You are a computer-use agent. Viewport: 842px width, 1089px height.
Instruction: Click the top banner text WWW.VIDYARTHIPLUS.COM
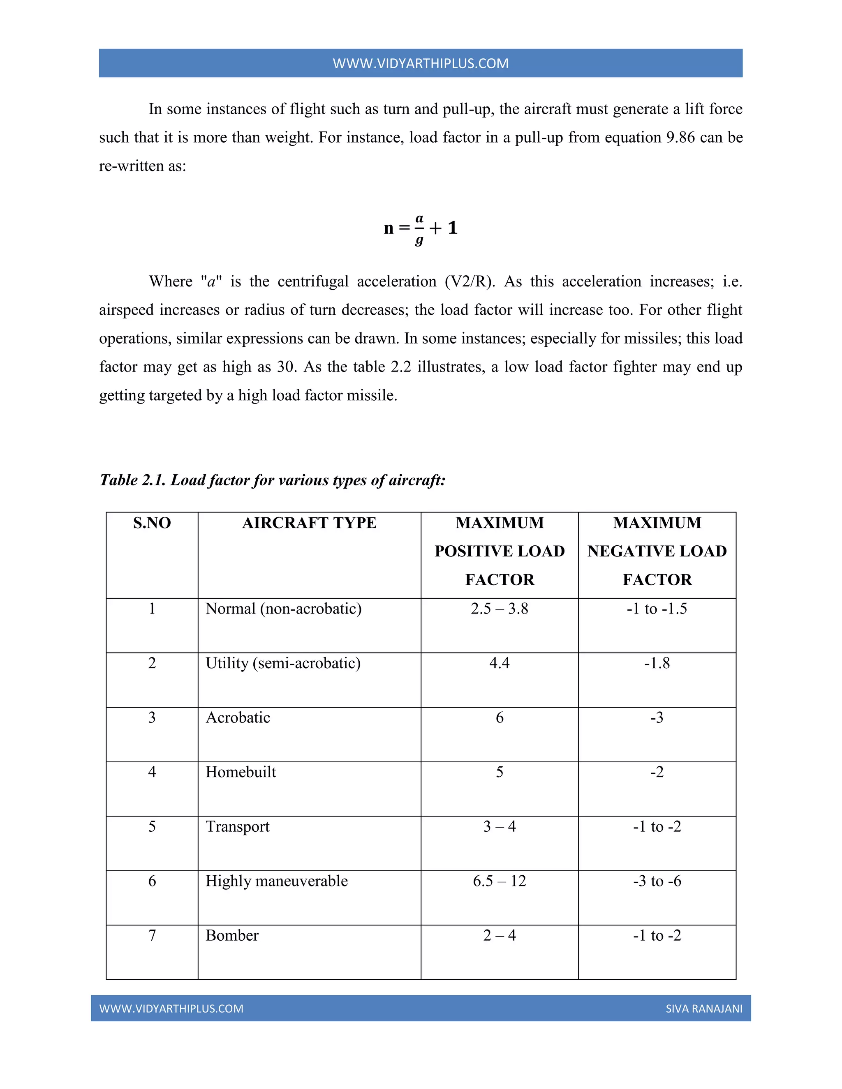click(421, 63)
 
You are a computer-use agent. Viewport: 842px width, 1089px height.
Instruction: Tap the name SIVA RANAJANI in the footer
click(704, 1009)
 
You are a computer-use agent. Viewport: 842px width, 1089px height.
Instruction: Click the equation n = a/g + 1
click(421, 228)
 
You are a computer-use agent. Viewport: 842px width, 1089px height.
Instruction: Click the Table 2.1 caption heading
click(272, 480)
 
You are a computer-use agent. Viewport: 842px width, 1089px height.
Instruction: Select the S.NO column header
click(152, 523)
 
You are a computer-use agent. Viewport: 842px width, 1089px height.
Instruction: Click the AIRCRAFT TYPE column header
click(309, 523)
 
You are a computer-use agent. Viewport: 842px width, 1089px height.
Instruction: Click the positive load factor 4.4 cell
click(499, 663)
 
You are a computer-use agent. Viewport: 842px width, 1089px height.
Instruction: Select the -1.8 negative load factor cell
click(657, 663)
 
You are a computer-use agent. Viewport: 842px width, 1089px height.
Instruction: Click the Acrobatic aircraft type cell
click(238, 717)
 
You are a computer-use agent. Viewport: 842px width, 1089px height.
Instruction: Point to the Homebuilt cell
click(241, 772)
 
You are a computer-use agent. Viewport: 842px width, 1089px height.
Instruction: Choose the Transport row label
click(238, 826)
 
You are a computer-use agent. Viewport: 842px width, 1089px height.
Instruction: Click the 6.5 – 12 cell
click(499, 881)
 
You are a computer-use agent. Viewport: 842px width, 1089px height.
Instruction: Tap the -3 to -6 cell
click(657, 881)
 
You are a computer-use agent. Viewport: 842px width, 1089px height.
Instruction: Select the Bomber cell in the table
click(232, 935)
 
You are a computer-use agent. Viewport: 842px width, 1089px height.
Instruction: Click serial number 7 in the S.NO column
click(152, 935)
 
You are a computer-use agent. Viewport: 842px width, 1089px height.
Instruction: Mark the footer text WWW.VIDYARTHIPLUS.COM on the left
click(171, 1009)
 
